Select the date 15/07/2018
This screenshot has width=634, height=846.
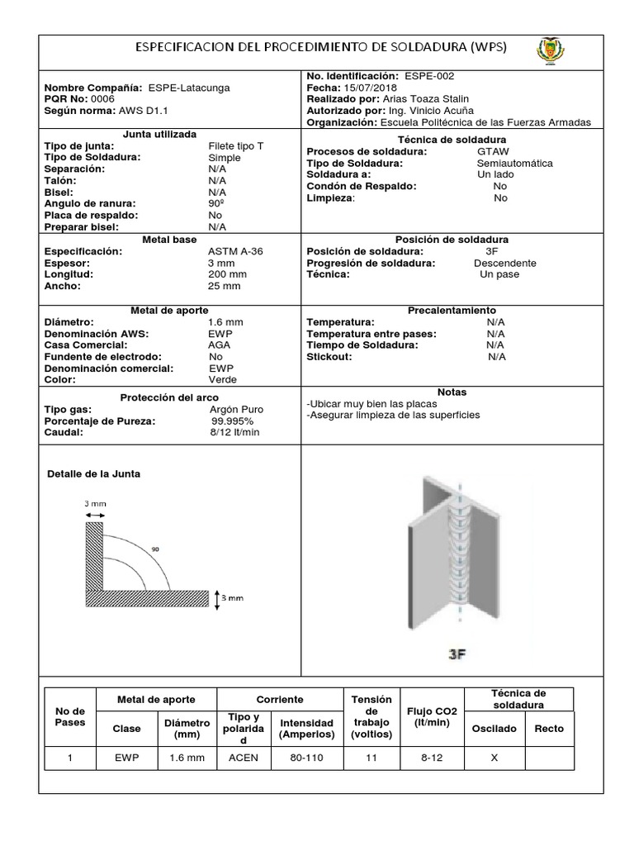[361, 87]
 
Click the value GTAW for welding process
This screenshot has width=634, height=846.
[494, 152]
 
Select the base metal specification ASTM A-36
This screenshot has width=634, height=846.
[236, 251]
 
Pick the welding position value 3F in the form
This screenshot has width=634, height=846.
[492, 251]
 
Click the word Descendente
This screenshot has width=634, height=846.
[504, 263]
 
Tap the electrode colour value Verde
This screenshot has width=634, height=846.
[223, 379]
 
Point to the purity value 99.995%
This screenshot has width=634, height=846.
[235, 421]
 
